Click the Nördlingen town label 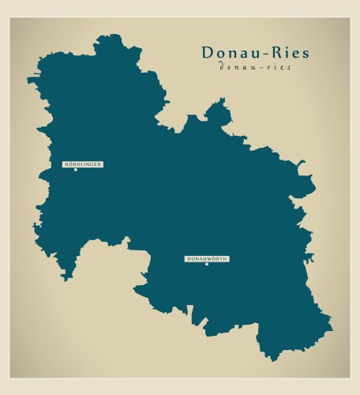[x=83, y=164]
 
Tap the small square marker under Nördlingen [x=75, y=170]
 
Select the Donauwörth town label [x=207, y=259]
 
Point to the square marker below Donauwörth [x=206, y=265]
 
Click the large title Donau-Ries [x=255, y=53]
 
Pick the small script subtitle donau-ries [x=255, y=68]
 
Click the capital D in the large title [x=208, y=53]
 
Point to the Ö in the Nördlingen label [x=71, y=164]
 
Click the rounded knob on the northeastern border [x=219, y=113]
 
